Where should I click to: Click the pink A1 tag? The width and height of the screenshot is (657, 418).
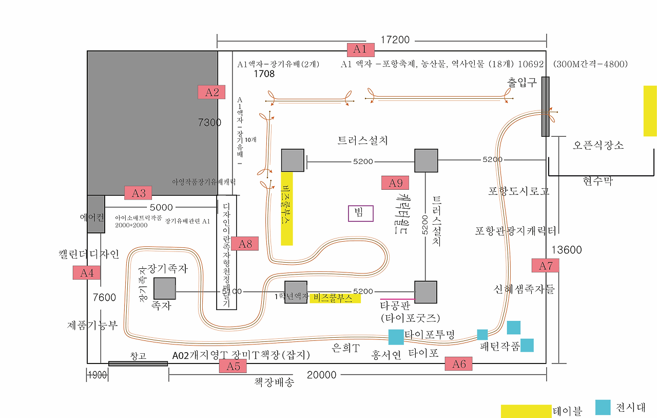click(x=360, y=49)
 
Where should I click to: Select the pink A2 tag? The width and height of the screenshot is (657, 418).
click(x=212, y=92)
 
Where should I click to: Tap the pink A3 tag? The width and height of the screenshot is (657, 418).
click(x=139, y=193)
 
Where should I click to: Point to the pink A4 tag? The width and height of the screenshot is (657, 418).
click(x=87, y=272)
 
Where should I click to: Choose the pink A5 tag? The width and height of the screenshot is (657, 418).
click(x=233, y=366)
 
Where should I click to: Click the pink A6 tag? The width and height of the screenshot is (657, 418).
click(x=458, y=364)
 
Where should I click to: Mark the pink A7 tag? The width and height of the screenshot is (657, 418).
click(x=545, y=265)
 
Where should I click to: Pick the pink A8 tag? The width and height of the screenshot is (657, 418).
click(x=245, y=244)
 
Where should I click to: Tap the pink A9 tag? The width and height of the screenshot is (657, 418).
click(x=395, y=183)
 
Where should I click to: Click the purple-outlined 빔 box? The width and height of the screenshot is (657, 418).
click(x=361, y=213)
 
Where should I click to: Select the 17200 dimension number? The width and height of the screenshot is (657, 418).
click(x=395, y=40)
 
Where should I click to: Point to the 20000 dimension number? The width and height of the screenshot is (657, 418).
click(x=322, y=375)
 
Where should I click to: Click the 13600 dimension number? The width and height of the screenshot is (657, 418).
click(x=567, y=250)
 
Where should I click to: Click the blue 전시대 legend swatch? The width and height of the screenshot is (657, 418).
click(x=603, y=407)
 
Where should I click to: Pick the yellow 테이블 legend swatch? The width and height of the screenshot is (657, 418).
click(x=526, y=411)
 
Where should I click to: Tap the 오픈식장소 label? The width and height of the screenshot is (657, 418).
click(x=598, y=146)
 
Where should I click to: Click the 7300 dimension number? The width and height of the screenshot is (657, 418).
click(x=209, y=122)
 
